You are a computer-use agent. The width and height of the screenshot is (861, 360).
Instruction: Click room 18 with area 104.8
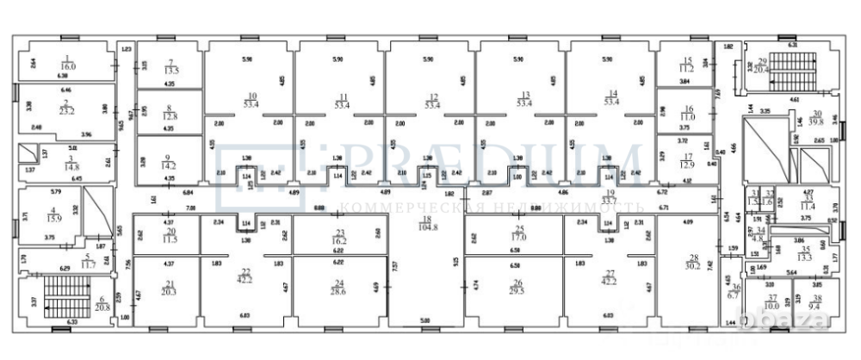point(426,227)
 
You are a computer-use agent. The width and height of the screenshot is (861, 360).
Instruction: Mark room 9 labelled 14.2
point(170,163)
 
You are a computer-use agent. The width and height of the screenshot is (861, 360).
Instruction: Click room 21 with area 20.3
point(169,292)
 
